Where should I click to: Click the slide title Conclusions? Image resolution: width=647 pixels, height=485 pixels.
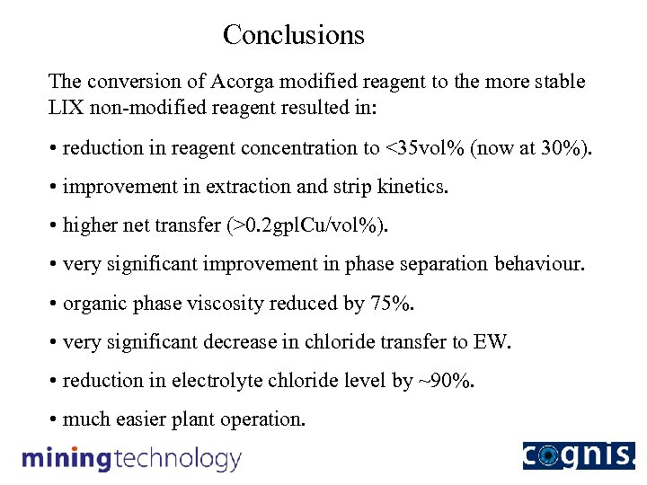(x=294, y=35)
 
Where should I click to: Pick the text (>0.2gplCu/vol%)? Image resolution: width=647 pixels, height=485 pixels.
(x=311, y=225)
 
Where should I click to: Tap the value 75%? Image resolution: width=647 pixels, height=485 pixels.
(x=393, y=304)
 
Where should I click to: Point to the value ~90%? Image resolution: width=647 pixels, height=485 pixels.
(x=446, y=381)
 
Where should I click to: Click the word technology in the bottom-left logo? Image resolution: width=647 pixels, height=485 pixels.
(x=177, y=459)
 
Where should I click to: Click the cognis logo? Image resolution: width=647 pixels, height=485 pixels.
(x=578, y=455)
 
